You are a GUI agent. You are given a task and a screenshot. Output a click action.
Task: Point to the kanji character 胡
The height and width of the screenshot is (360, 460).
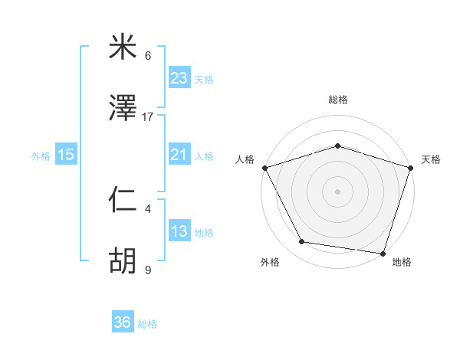[123, 262]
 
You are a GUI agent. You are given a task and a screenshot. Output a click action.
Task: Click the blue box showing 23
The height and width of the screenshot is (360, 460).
[179, 78]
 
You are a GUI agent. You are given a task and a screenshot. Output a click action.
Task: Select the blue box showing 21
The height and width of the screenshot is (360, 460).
[179, 155]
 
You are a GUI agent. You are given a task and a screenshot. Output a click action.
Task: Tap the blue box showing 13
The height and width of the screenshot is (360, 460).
[179, 231]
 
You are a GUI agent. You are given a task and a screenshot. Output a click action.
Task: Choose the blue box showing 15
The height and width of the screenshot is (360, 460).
[66, 155]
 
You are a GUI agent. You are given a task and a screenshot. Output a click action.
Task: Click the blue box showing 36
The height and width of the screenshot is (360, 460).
[123, 322]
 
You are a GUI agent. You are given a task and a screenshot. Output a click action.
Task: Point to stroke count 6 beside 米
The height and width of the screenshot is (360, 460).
[148, 55]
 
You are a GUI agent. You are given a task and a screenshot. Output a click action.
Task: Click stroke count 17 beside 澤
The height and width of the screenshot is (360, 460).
[148, 116]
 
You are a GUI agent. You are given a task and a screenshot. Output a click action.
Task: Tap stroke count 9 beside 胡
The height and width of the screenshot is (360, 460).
[148, 270]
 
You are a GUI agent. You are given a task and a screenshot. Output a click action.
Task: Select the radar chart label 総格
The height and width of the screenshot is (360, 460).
[338, 100]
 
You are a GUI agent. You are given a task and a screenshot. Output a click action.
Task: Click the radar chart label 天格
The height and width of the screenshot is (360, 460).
[432, 159]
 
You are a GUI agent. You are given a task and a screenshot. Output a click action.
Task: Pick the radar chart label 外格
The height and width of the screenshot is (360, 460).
[270, 262]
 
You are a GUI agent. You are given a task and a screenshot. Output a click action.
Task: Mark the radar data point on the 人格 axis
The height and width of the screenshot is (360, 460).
[264, 168]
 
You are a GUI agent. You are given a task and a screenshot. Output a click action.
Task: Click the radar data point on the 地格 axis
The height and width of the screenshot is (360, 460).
[383, 253]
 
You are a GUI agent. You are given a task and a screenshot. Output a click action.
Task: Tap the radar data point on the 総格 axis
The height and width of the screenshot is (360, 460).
[338, 146]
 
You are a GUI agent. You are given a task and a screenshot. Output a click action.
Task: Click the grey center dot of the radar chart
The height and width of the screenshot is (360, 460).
[338, 191]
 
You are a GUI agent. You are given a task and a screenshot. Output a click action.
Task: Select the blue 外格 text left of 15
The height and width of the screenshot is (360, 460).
[41, 155]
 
